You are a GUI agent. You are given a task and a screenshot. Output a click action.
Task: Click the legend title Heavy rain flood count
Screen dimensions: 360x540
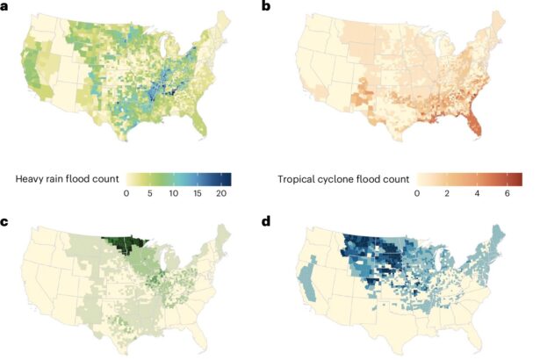point(64,179)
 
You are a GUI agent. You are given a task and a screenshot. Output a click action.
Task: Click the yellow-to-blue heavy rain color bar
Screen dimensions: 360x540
point(178,179)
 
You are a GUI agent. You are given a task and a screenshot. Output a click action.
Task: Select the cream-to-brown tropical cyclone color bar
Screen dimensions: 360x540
point(469,179)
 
